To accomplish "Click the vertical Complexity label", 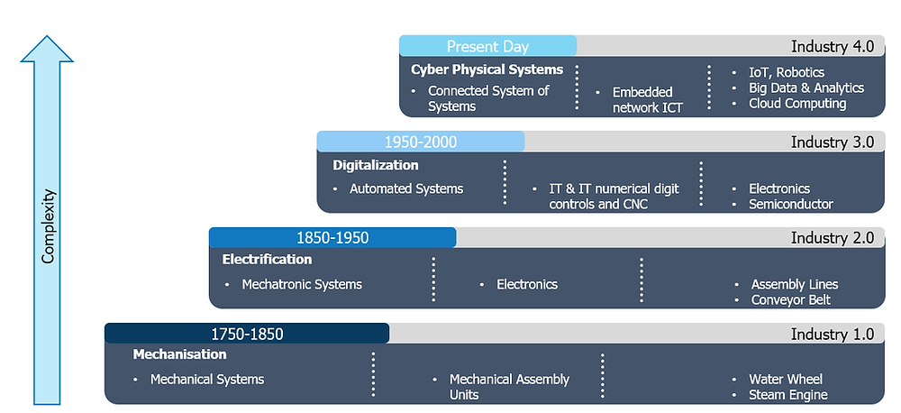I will pos(49,226).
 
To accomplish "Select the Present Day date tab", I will pos(487,46).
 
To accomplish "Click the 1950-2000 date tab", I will pos(420,142).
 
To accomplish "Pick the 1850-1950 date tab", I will pos(332,238).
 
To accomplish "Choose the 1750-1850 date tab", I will pos(247,334).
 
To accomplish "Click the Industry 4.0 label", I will pos(832,46).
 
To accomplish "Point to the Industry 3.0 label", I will pos(832,142).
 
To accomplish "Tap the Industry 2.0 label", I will pos(832,238).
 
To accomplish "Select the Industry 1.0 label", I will pos(832,334).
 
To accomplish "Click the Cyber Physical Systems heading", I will pos(487,69).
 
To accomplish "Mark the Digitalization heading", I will pos(376,165).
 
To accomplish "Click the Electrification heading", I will pos(267,259).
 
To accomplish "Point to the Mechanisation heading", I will pos(179,354).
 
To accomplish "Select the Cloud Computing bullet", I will pos(797,104).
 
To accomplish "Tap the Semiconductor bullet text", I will pos(790,204).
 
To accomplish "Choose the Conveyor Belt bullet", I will pos(790,299).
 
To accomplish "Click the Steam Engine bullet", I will pos(787,394).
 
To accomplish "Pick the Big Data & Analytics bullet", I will pos(805,87).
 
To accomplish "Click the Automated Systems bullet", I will pos(405,188).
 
